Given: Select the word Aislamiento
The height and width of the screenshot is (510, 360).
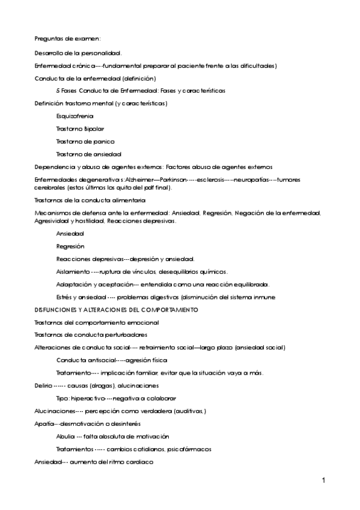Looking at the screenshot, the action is (x=72, y=272).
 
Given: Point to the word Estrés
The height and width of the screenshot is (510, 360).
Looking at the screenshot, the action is (x=64, y=297).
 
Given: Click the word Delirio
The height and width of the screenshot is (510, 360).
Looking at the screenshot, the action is (x=43, y=386).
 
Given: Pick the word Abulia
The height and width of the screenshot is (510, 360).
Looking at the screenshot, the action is (x=65, y=437).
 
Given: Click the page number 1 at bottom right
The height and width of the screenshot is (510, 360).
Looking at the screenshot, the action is (x=323, y=481).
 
